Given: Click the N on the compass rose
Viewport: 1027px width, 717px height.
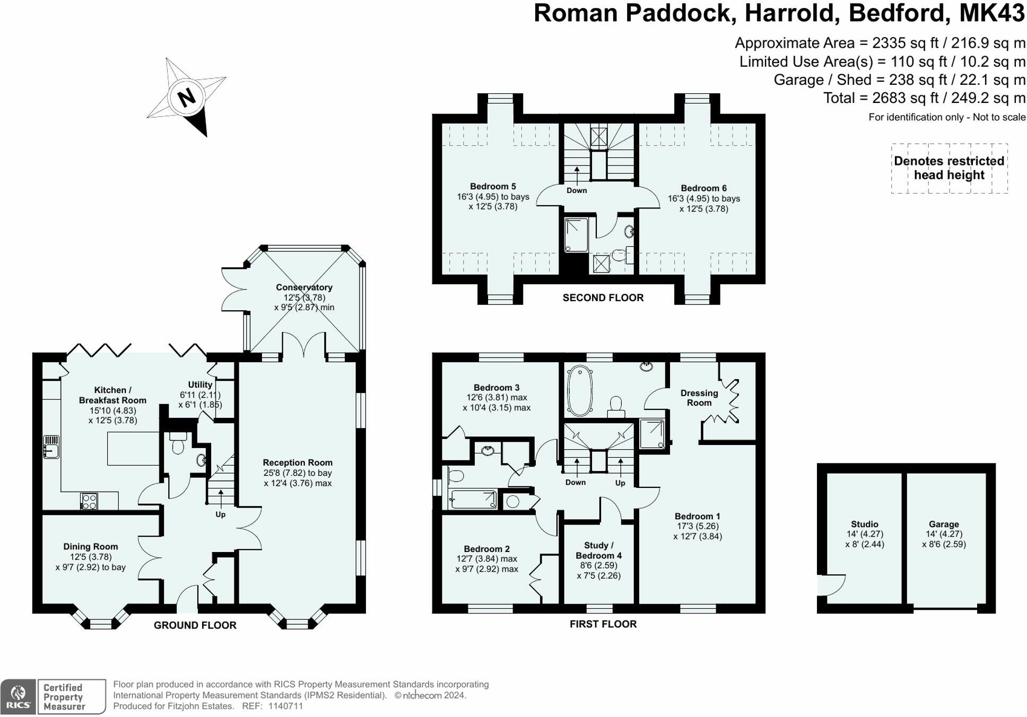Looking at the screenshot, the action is click(186, 98).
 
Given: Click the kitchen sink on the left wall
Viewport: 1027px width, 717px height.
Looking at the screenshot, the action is click(51, 447).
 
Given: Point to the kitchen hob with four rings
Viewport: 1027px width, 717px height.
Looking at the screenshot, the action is click(89, 501).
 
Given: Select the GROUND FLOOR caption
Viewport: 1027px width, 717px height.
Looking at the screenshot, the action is click(195, 625).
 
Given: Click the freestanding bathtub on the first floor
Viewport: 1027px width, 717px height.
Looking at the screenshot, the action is click(580, 390).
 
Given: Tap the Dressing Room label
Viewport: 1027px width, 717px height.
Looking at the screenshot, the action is click(699, 398).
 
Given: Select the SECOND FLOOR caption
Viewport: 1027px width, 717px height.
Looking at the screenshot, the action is click(603, 298).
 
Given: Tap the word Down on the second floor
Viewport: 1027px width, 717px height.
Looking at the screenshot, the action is click(577, 190).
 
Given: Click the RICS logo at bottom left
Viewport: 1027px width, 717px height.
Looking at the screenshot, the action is click(19, 696).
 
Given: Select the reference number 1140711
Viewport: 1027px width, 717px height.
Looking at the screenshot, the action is click(286, 706).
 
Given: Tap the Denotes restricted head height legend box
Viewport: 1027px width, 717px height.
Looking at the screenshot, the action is click(949, 168).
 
